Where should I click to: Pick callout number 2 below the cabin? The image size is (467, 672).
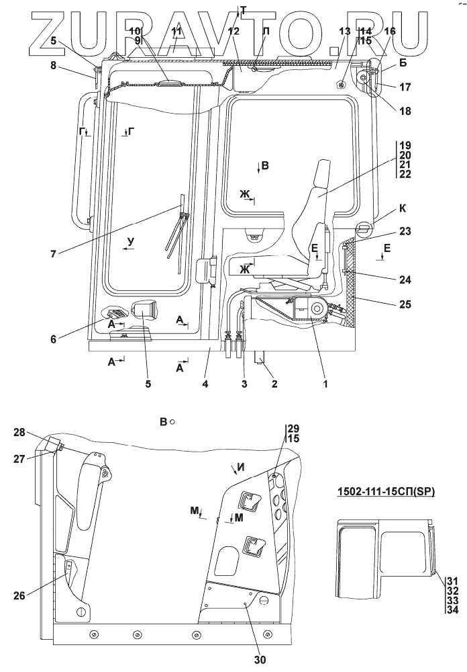(274, 384)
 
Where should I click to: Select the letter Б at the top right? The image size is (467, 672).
(403, 62)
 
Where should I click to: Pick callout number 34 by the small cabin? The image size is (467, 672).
(452, 610)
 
